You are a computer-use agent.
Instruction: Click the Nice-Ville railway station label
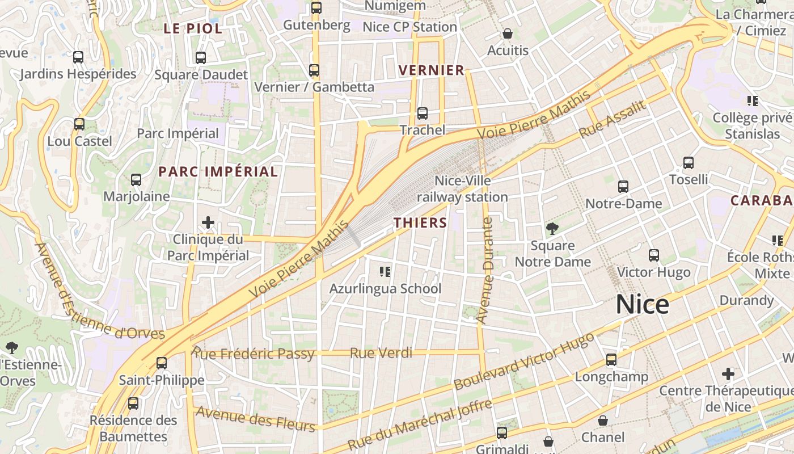[x=462, y=189]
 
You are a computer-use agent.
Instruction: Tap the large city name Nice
[x=642, y=305]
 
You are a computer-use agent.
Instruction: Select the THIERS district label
[x=421, y=223]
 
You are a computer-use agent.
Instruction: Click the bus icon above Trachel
[x=423, y=113]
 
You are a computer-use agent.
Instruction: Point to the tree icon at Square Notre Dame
[x=552, y=229]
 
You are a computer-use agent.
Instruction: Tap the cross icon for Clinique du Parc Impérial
[x=208, y=222]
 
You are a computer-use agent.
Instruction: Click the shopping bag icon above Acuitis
[x=508, y=34]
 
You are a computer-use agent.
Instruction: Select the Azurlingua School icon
[x=385, y=272]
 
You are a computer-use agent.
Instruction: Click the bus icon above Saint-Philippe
[x=162, y=363]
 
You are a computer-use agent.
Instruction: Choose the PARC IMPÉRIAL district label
[x=218, y=171]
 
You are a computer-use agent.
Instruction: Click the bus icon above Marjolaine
[x=136, y=180]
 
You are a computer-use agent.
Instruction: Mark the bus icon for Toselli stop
[x=689, y=163]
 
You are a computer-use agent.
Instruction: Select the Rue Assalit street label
[x=613, y=119]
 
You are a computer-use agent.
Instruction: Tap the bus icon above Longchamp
[x=611, y=360]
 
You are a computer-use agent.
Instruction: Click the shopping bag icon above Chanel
[x=603, y=421]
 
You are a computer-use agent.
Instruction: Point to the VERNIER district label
[x=432, y=70]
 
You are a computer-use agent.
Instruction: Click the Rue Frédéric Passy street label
[x=253, y=354]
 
